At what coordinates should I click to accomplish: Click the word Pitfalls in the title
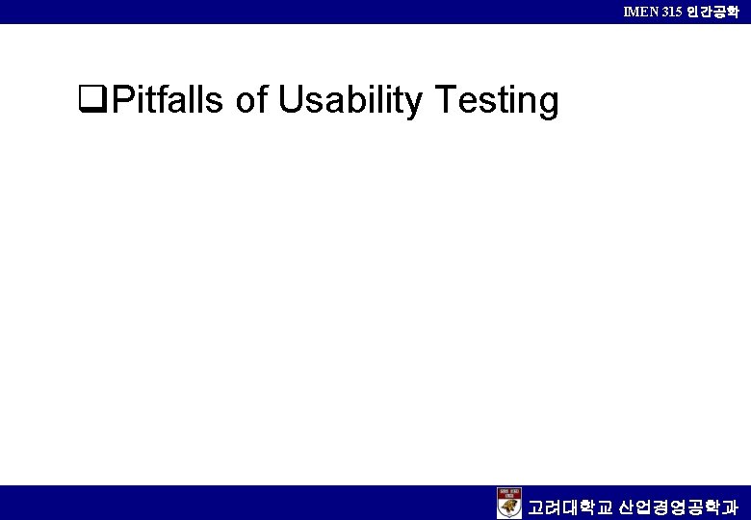point(169,99)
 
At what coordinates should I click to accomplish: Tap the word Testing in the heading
point(498,99)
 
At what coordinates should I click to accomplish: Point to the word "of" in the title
point(251,99)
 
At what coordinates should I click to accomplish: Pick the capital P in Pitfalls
point(121,99)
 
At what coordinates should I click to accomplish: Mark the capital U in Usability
point(290,99)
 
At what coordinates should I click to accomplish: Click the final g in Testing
point(549,103)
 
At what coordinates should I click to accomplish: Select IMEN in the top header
point(641,12)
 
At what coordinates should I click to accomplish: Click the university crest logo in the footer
point(509,503)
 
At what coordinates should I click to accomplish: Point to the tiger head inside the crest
point(509,507)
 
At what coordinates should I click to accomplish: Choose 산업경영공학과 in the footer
point(680,506)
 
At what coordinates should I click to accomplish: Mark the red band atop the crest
point(509,492)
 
